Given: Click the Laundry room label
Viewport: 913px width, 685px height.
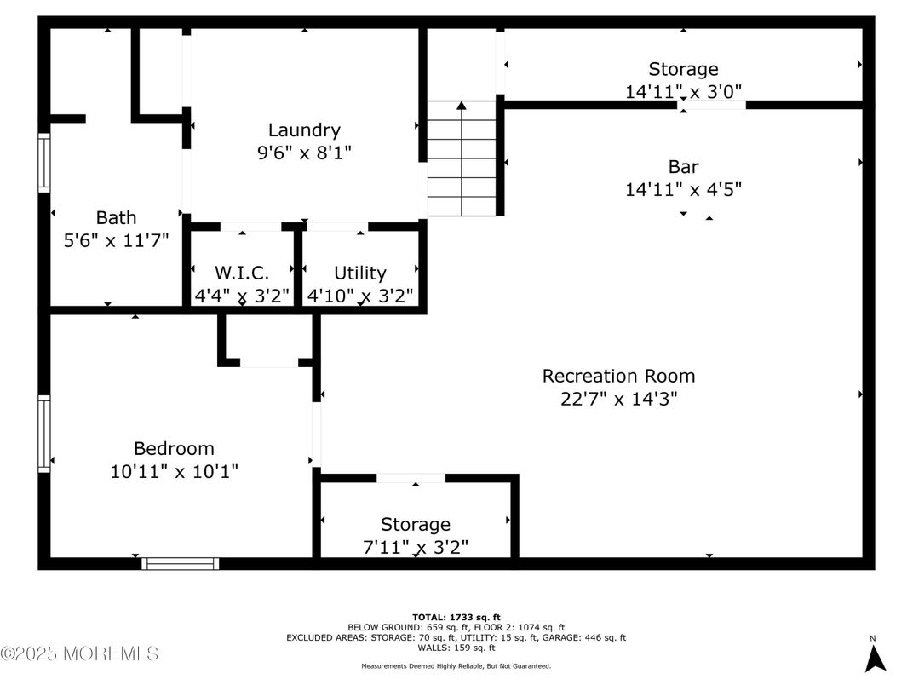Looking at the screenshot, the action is click(304, 130).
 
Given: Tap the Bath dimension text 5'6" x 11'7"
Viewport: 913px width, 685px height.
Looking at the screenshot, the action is click(116, 240).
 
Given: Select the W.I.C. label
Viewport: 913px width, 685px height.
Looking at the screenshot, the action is click(242, 273).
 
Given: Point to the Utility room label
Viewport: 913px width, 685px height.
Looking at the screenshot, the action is click(360, 273).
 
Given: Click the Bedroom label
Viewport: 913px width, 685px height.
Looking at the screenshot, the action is click(174, 448).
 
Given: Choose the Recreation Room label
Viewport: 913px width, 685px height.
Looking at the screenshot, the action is click(618, 377).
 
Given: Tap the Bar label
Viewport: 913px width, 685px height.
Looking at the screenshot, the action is click(683, 167).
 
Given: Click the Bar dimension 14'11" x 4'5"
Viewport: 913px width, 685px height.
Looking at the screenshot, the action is click(683, 189).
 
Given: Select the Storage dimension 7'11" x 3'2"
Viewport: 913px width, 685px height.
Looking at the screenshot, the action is click(415, 548).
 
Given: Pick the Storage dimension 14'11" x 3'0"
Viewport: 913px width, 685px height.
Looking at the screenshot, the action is click(683, 91).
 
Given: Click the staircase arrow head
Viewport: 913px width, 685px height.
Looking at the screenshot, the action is click(461, 106).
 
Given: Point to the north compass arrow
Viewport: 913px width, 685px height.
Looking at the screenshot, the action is click(875, 659).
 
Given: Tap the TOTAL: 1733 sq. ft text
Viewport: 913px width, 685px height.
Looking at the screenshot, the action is click(456, 618).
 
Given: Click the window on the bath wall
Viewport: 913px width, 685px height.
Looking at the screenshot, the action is click(44, 163).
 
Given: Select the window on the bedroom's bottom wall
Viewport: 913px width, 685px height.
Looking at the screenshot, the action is click(180, 563).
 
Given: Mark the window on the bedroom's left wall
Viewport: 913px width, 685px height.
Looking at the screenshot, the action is click(44, 434).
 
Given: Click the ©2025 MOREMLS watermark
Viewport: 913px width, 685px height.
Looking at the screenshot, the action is click(80, 653).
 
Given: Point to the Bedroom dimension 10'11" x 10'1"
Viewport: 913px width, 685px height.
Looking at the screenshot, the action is click(174, 471).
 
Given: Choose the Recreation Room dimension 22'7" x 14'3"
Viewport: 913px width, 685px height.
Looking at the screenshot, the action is click(618, 399).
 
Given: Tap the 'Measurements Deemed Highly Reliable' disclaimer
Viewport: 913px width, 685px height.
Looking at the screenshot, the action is click(456, 665).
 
